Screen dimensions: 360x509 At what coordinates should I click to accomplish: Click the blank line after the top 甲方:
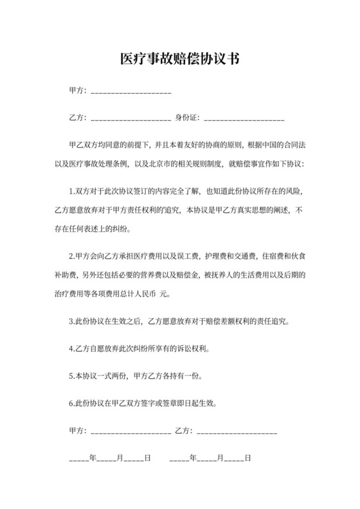pos(131,94)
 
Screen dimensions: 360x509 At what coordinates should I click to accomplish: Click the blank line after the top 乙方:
pos(131,120)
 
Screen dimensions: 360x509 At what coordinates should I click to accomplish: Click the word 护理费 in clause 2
pos(217,258)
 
